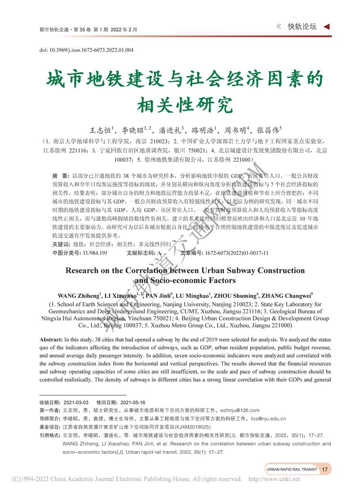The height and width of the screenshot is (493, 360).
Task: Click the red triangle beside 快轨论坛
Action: pyautogui.click(x=327, y=27)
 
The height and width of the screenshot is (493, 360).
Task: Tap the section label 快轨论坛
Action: pyautogui.click(x=302, y=27)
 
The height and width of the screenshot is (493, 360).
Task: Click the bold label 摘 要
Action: pyautogui.click(x=60, y=175)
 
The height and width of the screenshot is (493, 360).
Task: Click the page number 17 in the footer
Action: pyautogui.click(x=324, y=469)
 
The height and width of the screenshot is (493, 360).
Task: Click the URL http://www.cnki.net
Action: pyautogui.click(x=274, y=479)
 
